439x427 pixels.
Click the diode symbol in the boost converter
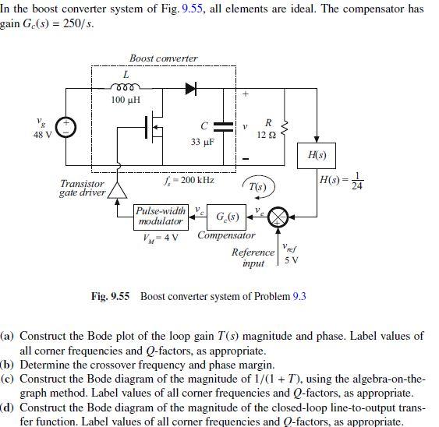[x=189, y=88]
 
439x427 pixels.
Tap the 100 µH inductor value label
[x=125, y=101]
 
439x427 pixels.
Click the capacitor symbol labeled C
[x=223, y=126]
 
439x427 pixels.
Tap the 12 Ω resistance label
[x=267, y=134]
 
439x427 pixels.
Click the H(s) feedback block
[x=317, y=155]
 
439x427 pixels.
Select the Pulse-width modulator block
[x=161, y=217]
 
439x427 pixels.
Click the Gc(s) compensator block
[x=228, y=216]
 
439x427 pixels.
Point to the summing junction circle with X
[x=278, y=219]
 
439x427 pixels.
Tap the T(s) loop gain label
[x=258, y=187]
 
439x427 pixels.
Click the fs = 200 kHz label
[x=189, y=181]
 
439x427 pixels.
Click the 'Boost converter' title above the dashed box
[x=164, y=58]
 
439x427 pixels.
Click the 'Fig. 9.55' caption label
[x=110, y=296]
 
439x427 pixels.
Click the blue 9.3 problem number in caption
[x=299, y=296]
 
